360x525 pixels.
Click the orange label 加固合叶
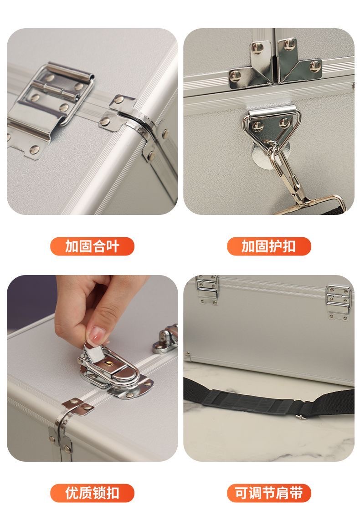coord(92,246)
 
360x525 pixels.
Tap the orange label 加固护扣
coord(269,246)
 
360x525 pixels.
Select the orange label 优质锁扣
coord(92,493)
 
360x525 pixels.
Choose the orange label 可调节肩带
coord(269,493)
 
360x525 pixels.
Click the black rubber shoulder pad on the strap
coord(250,401)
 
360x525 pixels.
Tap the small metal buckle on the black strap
coord(300,416)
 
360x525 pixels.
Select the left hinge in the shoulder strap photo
coord(207,290)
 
